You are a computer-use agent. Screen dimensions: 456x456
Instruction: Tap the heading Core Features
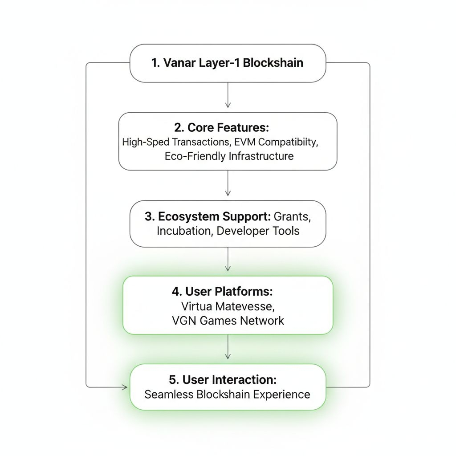point(228,128)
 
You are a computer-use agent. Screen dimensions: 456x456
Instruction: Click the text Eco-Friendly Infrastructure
point(229,156)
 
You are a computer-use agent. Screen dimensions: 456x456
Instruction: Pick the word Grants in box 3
point(292,217)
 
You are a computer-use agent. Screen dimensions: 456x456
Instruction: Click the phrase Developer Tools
point(258,231)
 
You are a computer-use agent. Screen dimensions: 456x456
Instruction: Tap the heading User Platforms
point(228,292)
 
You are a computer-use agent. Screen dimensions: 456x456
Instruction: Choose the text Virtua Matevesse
point(228,306)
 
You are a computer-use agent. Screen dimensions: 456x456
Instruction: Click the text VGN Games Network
point(228,321)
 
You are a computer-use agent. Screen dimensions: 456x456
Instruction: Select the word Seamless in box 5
point(169,394)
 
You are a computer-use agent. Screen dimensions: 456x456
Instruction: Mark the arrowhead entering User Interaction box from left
point(125,387)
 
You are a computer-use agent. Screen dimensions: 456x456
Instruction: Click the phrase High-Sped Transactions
point(174,142)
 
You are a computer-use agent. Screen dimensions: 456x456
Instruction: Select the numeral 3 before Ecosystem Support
point(149,217)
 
